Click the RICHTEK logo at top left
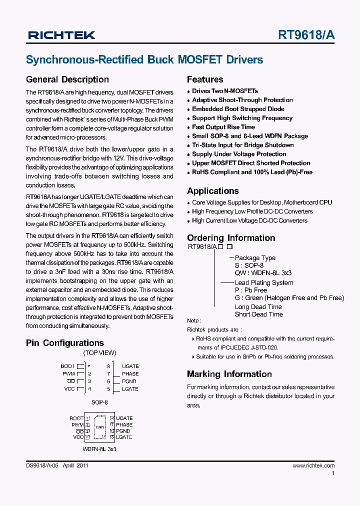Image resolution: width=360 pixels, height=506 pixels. pos(61,35)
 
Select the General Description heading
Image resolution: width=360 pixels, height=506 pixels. pos(67,79)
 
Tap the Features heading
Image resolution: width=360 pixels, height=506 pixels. pos(205,79)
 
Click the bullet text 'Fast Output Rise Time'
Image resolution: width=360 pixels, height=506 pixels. pos(223,127)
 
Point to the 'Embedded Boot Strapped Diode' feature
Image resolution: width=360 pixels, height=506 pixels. pos(238,109)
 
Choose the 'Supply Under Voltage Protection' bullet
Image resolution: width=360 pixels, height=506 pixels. pos(239,154)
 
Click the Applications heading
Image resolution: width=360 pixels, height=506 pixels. pos(213,191)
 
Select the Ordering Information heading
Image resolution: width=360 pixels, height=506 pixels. pos(231,238)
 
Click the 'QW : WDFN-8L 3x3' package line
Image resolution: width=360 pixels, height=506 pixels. pos(263,273)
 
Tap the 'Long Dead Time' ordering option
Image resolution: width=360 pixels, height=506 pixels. pos(258,307)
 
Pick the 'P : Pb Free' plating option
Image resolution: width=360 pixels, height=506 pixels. pos(251,290)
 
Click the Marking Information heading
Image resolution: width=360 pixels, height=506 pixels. pos(229,374)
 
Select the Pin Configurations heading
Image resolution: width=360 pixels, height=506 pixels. pos(65,343)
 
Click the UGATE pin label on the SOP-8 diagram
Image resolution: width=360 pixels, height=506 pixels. pos(130,366)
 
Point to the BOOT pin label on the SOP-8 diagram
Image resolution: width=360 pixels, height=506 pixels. pos(67,366)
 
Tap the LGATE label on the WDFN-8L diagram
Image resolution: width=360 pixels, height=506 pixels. pos(124,437)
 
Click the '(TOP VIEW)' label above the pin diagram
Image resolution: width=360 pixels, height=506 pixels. pos(99,352)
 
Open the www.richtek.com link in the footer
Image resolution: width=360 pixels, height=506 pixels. pos(313,465)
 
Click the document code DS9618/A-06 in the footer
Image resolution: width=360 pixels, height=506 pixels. pos(42,465)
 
